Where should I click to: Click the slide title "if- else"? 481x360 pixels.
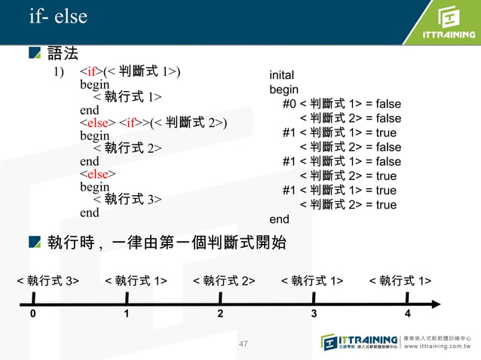[x=58, y=17]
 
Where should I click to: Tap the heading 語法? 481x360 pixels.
[x=63, y=53]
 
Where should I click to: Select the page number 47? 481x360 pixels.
[x=243, y=345]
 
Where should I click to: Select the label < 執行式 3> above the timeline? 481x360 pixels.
[x=49, y=281]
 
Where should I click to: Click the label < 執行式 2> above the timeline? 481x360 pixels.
[x=224, y=281]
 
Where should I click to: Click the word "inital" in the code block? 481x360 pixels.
[x=282, y=75]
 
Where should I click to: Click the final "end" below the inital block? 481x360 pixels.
[x=279, y=219]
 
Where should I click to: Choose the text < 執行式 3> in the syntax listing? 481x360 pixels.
[x=127, y=200]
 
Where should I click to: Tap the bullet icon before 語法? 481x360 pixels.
[x=34, y=53]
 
